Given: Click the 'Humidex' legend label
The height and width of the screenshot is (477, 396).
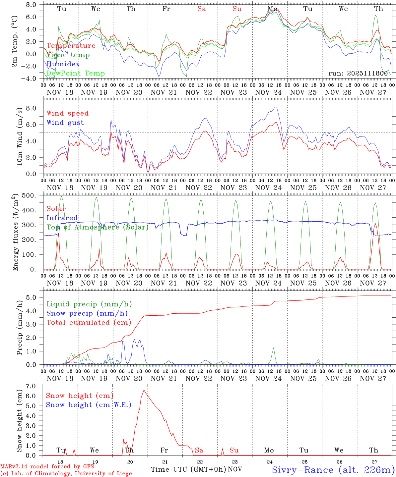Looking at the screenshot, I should (63, 64).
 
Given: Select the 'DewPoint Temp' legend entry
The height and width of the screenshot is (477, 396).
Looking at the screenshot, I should (76, 73).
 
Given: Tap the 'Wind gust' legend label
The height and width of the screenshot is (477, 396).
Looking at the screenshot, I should (65, 123).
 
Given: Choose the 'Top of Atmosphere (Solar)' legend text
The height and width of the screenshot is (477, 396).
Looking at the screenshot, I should (98, 227).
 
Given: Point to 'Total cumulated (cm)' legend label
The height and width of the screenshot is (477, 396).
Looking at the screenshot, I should (89, 322).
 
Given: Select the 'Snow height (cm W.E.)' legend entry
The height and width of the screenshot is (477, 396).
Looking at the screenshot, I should (88, 405).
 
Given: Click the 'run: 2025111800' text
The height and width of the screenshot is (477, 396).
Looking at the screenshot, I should (358, 74).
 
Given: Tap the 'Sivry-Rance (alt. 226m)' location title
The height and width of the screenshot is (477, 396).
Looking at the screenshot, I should (333, 470).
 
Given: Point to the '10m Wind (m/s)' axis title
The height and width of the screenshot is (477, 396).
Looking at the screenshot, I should (19, 136).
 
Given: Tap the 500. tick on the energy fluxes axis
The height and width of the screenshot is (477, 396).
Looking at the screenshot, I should (33, 195).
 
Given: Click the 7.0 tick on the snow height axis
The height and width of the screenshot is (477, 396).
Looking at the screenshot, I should (34, 386).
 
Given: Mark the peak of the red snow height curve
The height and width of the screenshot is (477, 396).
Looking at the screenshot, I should (144, 390).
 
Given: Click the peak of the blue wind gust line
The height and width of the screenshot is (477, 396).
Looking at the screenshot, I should (276, 107).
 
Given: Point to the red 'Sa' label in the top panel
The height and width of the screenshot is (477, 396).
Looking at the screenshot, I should (202, 9).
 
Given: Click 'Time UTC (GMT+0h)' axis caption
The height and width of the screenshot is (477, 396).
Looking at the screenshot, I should (188, 469).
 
